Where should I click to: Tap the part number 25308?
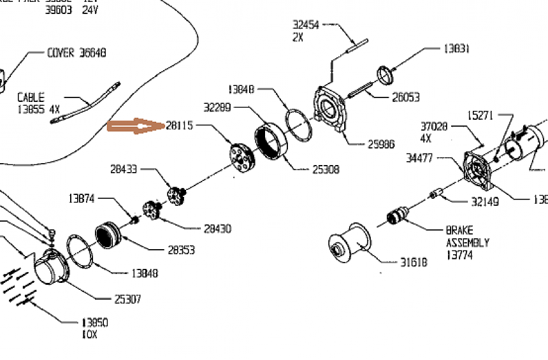point(326,169)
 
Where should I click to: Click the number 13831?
point(457,48)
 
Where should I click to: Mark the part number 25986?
point(380,144)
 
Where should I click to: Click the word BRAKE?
point(459,230)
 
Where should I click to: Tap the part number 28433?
point(124,169)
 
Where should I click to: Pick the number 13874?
point(82,198)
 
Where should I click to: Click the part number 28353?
point(182,250)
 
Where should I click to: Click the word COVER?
point(61,53)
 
